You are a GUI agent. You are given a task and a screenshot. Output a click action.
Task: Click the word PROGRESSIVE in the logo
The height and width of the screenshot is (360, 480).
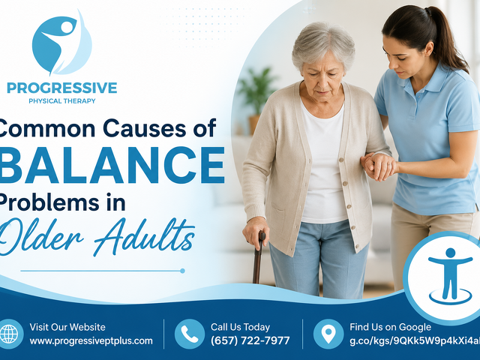(x=61, y=88)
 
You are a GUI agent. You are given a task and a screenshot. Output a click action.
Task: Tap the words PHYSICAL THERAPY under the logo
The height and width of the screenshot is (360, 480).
(x=61, y=101)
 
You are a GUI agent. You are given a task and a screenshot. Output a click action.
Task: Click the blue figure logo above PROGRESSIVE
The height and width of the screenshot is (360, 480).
(x=61, y=43)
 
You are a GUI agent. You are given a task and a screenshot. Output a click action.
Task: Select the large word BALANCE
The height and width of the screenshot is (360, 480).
(x=112, y=165)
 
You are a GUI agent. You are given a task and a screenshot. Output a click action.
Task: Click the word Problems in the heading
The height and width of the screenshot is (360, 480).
(x=49, y=202)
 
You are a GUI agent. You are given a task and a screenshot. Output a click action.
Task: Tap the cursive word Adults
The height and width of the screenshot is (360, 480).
(x=144, y=235)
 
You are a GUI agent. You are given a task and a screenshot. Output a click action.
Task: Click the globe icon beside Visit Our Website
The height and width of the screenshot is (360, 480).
(x=9, y=334)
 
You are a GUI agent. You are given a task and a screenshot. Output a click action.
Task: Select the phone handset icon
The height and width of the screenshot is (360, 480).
(x=190, y=334)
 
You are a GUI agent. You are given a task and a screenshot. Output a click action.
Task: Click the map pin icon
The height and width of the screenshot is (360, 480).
(x=328, y=334)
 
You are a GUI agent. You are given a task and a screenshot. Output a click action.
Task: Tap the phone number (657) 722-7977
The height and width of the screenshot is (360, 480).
(x=250, y=340)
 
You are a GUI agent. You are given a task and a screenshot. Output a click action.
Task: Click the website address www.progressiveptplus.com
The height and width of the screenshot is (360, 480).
(x=91, y=341)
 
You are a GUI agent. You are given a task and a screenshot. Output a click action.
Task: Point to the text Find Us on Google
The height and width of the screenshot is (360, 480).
(x=390, y=327)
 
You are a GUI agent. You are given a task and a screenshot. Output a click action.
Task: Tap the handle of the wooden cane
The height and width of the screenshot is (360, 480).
(x=262, y=237)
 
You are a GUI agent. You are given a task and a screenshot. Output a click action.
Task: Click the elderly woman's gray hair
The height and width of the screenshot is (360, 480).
(x=323, y=43)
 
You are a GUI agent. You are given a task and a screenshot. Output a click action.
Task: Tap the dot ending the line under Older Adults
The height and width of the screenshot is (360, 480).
(x=182, y=271)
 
